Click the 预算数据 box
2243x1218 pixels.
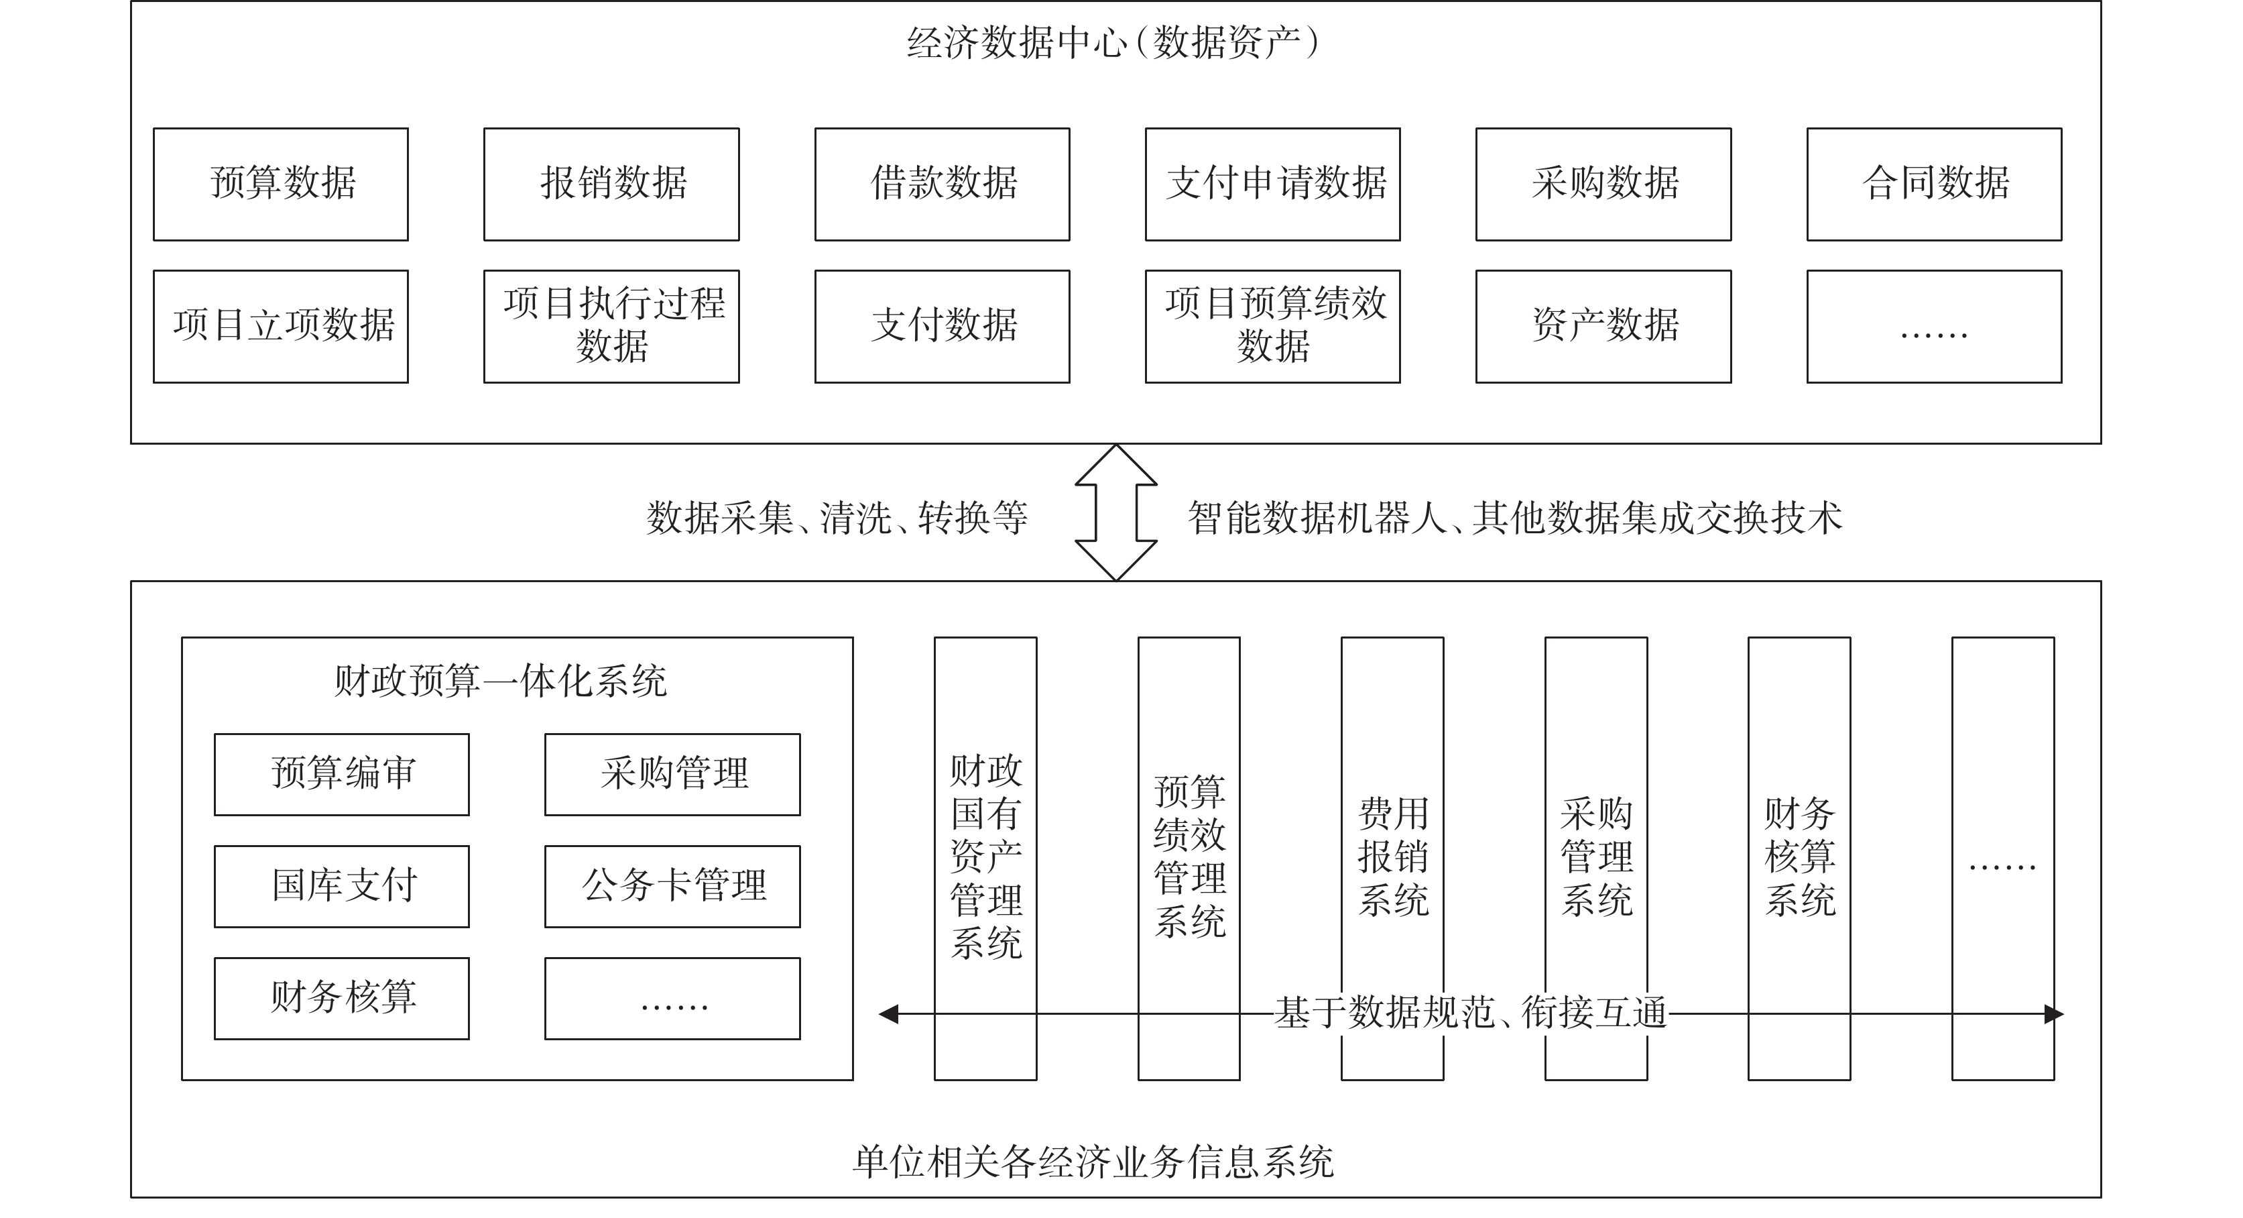click(280, 184)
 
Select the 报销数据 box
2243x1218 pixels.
click(611, 184)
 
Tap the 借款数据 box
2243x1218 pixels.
click(942, 184)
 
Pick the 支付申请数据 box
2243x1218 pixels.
click(1273, 184)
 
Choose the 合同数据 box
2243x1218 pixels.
click(1934, 184)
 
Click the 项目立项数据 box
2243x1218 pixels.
click(280, 327)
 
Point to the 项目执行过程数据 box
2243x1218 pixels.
click(611, 327)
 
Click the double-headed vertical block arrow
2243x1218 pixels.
click(1116, 512)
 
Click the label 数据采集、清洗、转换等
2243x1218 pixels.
click(837, 518)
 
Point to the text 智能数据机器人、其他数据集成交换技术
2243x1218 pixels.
click(1515, 518)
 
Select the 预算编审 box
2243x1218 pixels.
click(342, 775)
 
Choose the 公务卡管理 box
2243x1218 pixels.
click(672, 887)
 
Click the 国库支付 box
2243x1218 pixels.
click(342, 887)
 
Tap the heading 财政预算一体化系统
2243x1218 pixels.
click(501, 681)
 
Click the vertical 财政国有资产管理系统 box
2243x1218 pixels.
click(985, 859)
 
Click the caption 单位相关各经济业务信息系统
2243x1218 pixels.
click(1093, 1162)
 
